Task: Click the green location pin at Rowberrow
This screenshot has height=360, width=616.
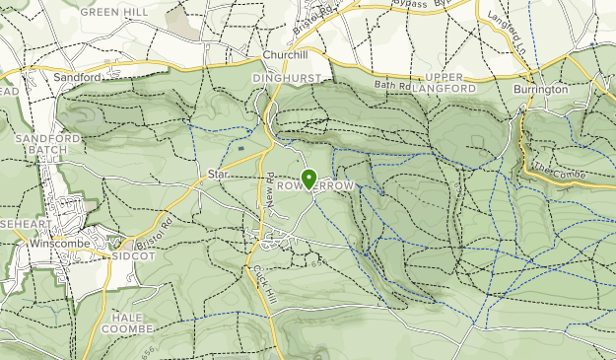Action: click(309, 179)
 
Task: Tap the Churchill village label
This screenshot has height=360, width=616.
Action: click(286, 55)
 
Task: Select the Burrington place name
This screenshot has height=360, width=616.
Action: click(540, 89)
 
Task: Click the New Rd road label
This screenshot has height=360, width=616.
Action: click(268, 186)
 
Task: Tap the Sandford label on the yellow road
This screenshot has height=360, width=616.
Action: click(79, 76)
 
